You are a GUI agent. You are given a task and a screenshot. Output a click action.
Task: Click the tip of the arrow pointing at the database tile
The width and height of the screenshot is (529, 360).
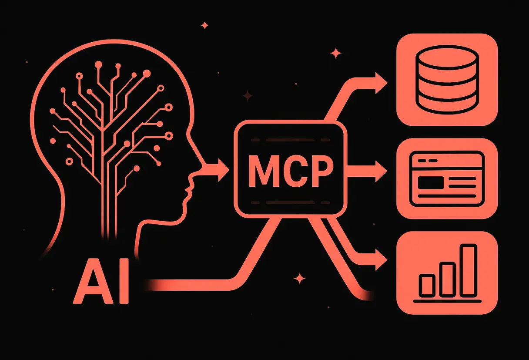tap(388, 83)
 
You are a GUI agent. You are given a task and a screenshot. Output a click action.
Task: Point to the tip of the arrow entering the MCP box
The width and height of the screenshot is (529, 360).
tap(229, 170)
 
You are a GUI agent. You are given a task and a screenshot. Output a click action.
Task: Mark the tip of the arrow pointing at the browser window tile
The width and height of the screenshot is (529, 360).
tap(387, 171)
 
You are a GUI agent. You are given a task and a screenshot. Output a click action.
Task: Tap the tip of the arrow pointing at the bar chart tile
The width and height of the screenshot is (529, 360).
tap(388, 259)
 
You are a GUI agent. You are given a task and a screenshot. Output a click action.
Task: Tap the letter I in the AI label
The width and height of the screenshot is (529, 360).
tap(124, 281)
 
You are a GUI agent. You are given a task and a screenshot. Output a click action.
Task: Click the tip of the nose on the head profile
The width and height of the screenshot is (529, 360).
tap(201, 166)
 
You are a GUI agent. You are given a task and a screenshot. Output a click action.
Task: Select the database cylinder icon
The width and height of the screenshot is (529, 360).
tap(447, 80)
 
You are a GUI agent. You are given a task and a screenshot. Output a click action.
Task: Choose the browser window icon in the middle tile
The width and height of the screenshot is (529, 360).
tap(447, 179)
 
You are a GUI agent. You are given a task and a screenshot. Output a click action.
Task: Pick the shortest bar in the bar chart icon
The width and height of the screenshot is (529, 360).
tap(428, 285)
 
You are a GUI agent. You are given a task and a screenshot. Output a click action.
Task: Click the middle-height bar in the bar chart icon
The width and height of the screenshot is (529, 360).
tap(448, 279)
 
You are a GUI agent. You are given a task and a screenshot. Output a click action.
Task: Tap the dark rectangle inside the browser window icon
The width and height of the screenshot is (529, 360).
tap(431, 183)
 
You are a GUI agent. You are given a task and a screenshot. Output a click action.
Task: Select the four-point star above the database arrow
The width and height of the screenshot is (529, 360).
tap(336, 54)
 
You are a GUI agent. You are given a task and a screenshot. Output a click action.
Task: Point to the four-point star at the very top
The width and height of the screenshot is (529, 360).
tap(205, 25)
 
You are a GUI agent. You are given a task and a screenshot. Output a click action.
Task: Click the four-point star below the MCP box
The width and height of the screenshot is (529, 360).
tap(299, 279)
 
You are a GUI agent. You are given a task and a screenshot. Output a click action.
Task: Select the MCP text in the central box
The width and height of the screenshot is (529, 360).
tap(291, 171)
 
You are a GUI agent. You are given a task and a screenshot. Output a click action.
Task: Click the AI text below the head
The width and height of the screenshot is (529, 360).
tap(101, 281)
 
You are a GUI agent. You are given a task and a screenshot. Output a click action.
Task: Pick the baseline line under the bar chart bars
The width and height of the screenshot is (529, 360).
tap(447, 301)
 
